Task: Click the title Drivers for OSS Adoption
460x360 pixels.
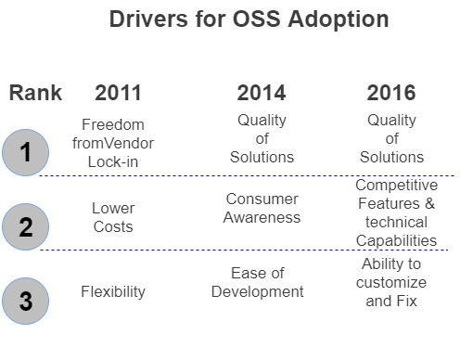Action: [x=249, y=19]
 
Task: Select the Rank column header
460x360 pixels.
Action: [x=35, y=93]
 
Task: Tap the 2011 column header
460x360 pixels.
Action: [x=119, y=93]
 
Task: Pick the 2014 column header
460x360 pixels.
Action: [x=262, y=93]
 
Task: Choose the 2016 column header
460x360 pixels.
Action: [x=391, y=93]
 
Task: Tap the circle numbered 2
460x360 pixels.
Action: [x=27, y=225]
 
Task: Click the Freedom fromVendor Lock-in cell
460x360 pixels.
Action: [x=112, y=144]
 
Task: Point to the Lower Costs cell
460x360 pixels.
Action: [x=112, y=217]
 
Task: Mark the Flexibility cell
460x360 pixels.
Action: [x=112, y=291]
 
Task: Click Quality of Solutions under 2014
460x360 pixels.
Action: [x=262, y=138]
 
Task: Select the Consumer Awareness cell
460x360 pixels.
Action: [x=262, y=208]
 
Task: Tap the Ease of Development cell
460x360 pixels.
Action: [x=258, y=282]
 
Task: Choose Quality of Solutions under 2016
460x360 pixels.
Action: [x=391, y=138]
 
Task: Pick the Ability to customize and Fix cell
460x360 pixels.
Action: [x=391, y=282]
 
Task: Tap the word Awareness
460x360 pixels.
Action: [x=262, y=218]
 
